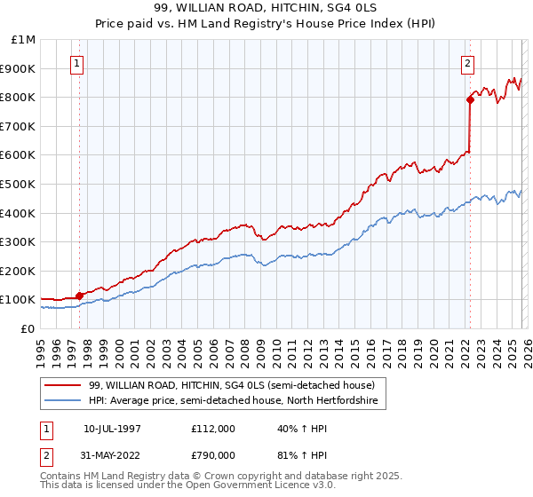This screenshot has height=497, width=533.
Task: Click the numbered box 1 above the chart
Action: click(x=78, y=63)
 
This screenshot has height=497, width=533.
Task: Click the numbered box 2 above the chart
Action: click(x=468, y=63)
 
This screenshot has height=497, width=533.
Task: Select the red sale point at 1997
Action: click(x=79, y=296)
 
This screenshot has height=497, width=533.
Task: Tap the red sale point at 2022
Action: click(x=469, y=100)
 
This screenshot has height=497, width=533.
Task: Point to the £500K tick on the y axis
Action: click(x=19, y=184)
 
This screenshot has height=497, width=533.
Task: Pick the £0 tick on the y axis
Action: click(x=28, y=328)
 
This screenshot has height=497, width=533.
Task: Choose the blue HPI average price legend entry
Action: click(x=233, y=401)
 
